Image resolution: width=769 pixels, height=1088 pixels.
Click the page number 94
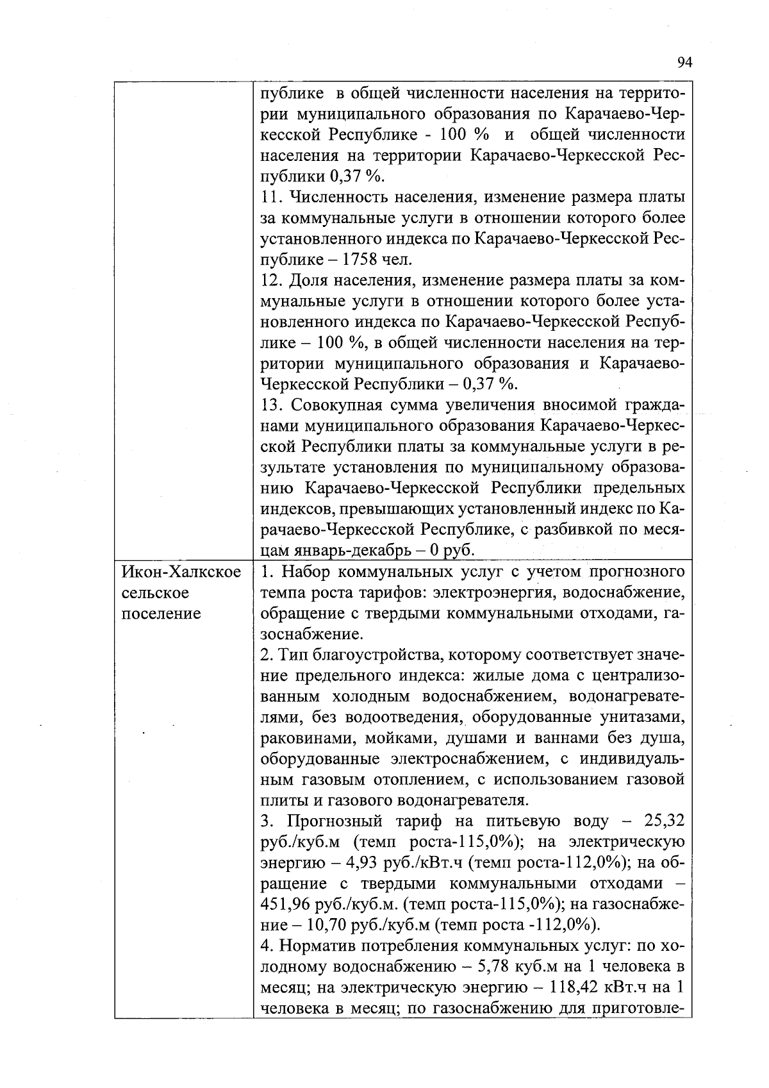tap(684, 62)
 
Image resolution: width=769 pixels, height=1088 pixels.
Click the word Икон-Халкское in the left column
tap(181, 572)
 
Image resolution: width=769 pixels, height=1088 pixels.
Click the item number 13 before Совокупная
tap(272, 405)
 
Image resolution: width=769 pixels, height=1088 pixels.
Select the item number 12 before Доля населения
tap(272, 280)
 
